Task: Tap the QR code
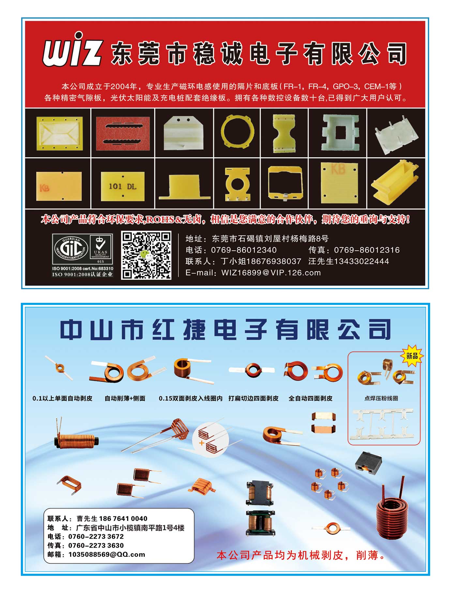coord(146,255)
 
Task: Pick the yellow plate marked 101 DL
coord(123,186)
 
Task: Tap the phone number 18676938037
coord(274,261)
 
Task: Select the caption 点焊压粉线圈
coord(381,398)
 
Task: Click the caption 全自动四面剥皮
coord(310,398)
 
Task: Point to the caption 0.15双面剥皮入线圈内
coord(191,398)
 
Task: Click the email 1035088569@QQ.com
coord(107,554)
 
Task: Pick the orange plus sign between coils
coord(202,443)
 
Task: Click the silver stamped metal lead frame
coord(383,424)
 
